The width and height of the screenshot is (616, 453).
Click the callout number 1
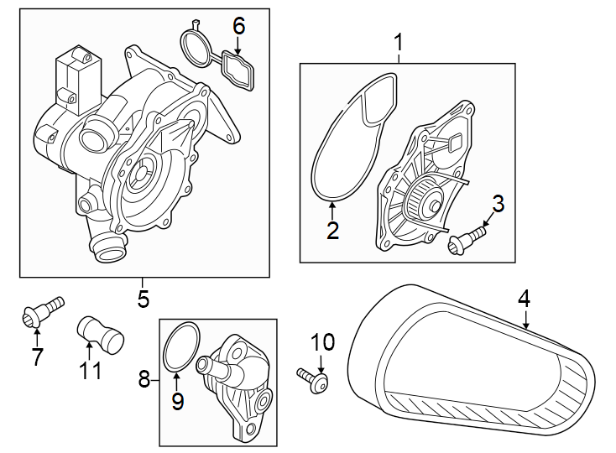399,41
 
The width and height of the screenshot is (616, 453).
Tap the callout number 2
332,231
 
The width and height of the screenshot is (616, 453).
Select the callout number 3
498,203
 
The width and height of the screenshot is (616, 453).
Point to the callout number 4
524,298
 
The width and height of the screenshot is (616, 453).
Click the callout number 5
143,298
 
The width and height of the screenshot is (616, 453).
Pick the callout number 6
239,26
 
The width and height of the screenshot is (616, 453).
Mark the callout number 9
177,401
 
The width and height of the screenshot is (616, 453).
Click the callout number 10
322,342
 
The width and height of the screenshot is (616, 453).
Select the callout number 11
88,369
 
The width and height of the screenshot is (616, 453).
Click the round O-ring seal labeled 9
180,346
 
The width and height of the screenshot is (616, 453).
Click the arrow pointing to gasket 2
332,210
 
